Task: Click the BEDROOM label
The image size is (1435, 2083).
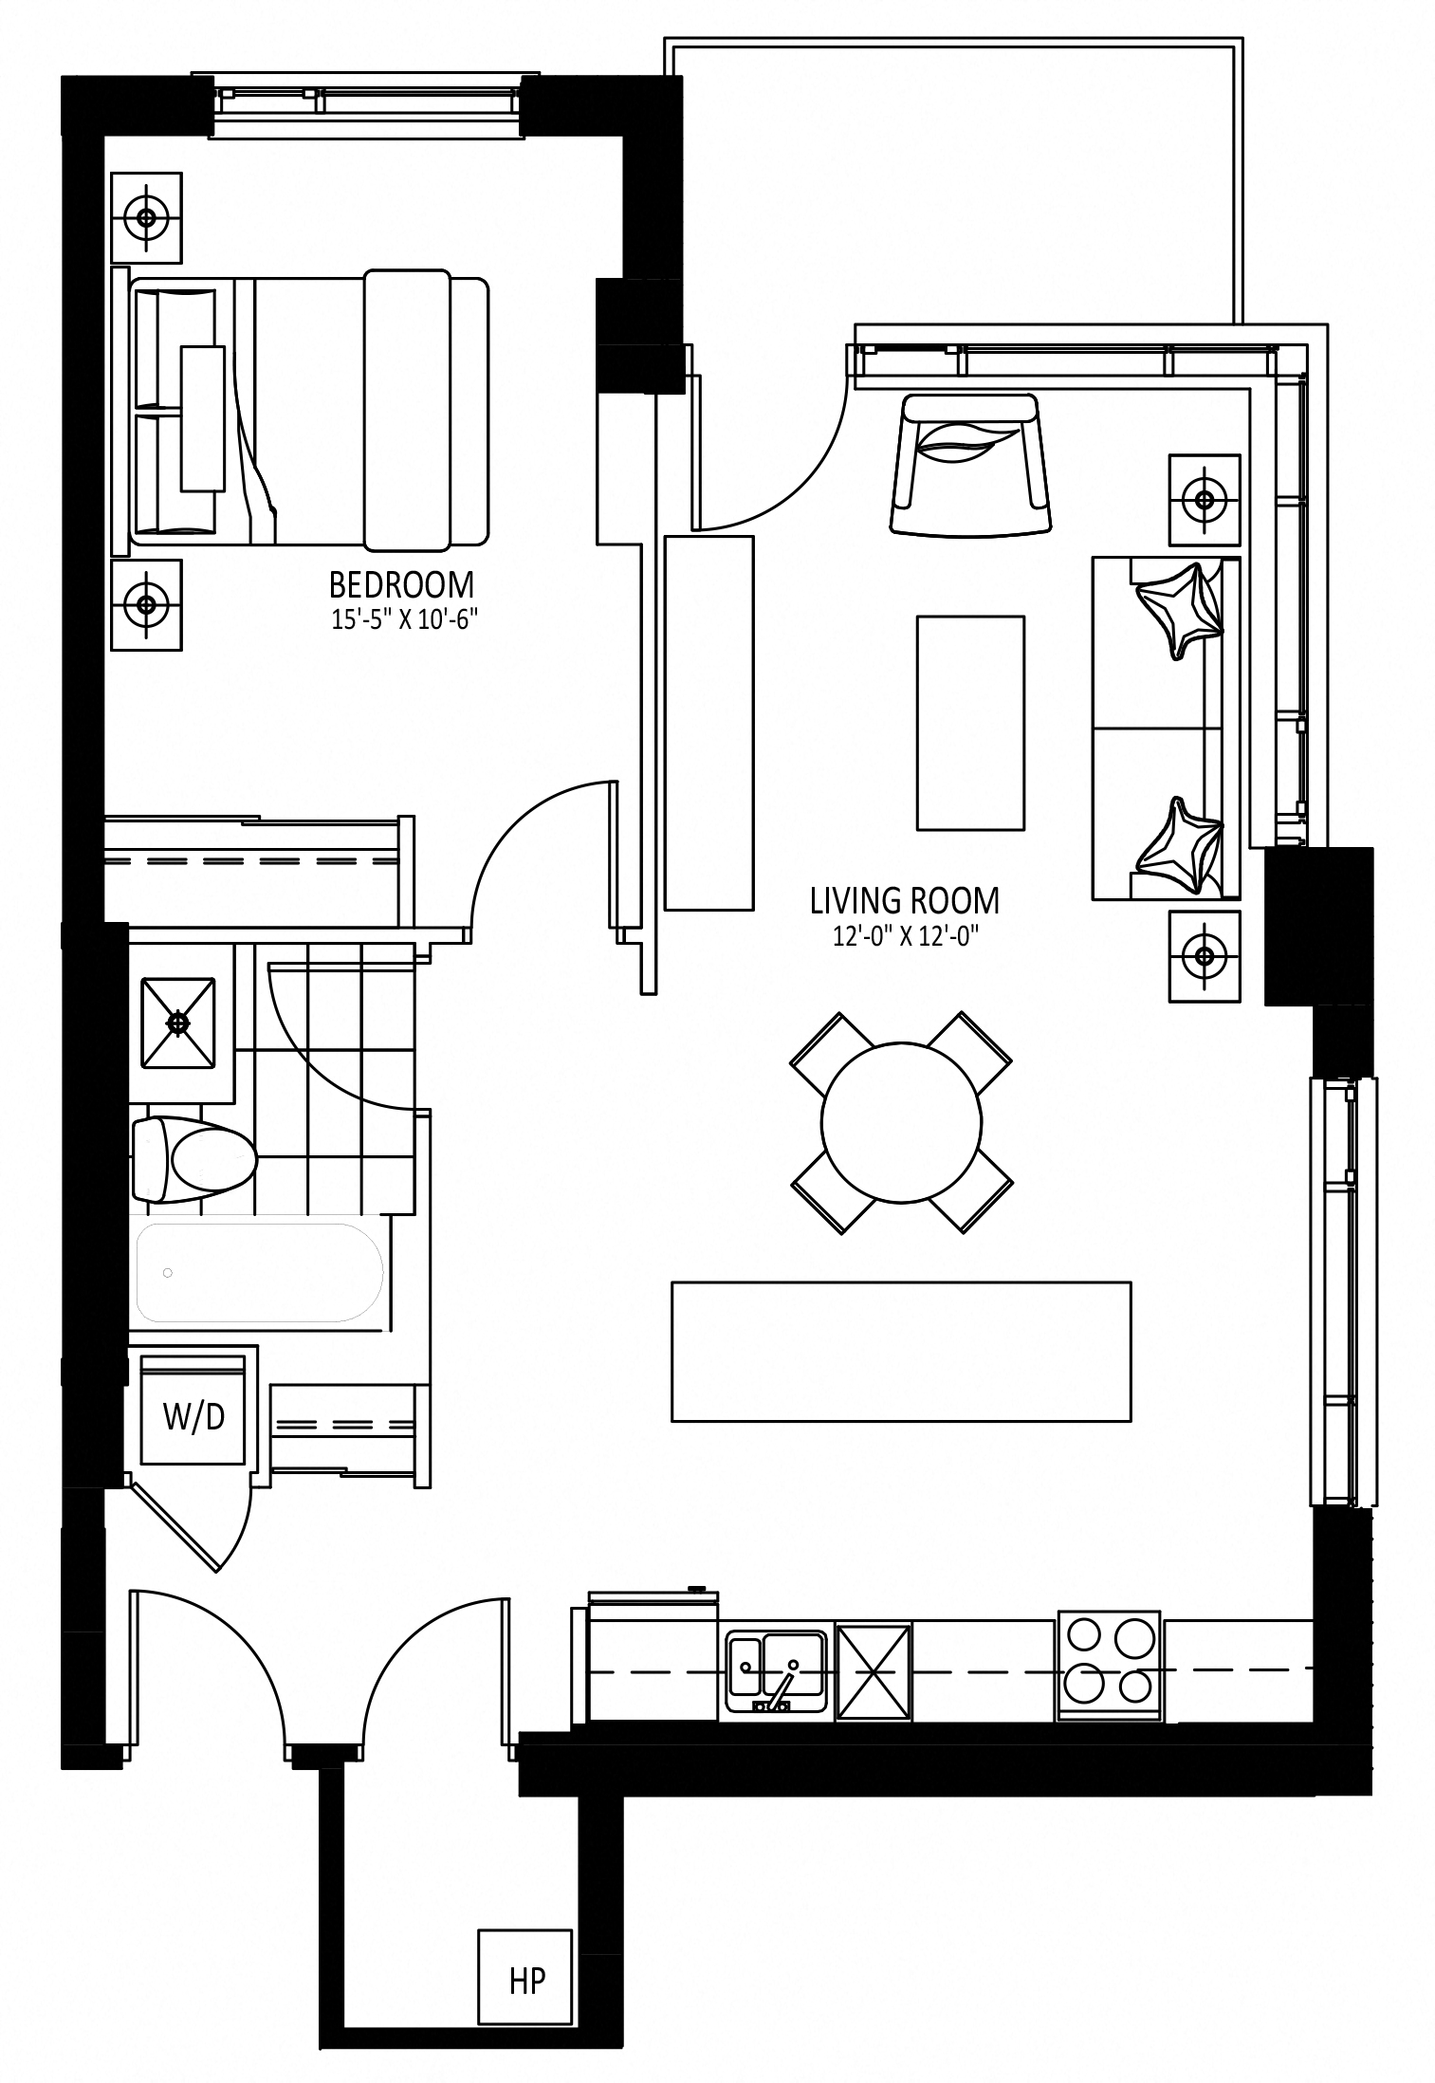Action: point(401,583)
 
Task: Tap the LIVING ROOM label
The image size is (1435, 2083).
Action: point(905,899)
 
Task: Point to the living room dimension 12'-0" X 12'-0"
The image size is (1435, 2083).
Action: point(905,936)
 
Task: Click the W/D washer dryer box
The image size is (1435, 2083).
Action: point(193,1417)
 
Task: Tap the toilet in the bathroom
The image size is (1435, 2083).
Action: point(194,1159)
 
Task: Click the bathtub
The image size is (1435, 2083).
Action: point(260,1272)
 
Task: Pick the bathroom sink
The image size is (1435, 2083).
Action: point(178,1022)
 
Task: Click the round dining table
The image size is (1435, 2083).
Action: point(901,1122)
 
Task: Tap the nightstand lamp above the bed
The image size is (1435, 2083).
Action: point(146,217)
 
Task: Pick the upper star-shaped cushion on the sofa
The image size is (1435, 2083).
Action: point(1179,609)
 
